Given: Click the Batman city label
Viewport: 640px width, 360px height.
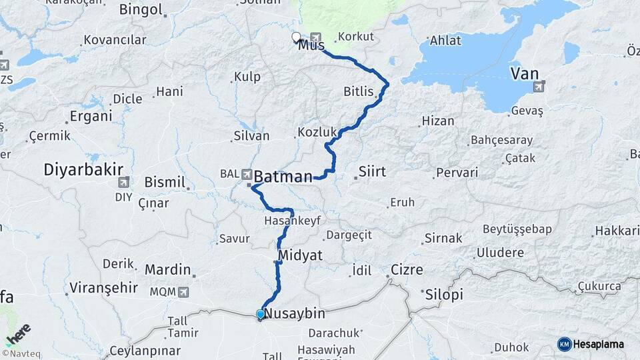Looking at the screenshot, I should (284, 177).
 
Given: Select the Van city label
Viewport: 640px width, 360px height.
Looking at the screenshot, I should (525, 73).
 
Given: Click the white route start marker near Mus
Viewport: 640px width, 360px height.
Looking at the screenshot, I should (296, 37).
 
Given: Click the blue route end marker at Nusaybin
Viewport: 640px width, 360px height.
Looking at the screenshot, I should (260, 314).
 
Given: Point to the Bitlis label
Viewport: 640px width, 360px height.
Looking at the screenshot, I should (359, 91).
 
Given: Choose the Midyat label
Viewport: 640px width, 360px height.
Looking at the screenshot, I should (300, 255).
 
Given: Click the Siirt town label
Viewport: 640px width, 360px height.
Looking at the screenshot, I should (372, 171).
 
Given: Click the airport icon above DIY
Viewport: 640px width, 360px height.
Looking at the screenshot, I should (124, 182).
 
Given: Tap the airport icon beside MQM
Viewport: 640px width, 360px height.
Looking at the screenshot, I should (183, 292).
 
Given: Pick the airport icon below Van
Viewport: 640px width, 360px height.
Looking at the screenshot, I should (539, 86).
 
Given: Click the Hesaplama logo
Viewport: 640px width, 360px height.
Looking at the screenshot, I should (591, 344).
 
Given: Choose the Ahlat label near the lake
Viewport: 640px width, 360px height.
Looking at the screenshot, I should (445, 40).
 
